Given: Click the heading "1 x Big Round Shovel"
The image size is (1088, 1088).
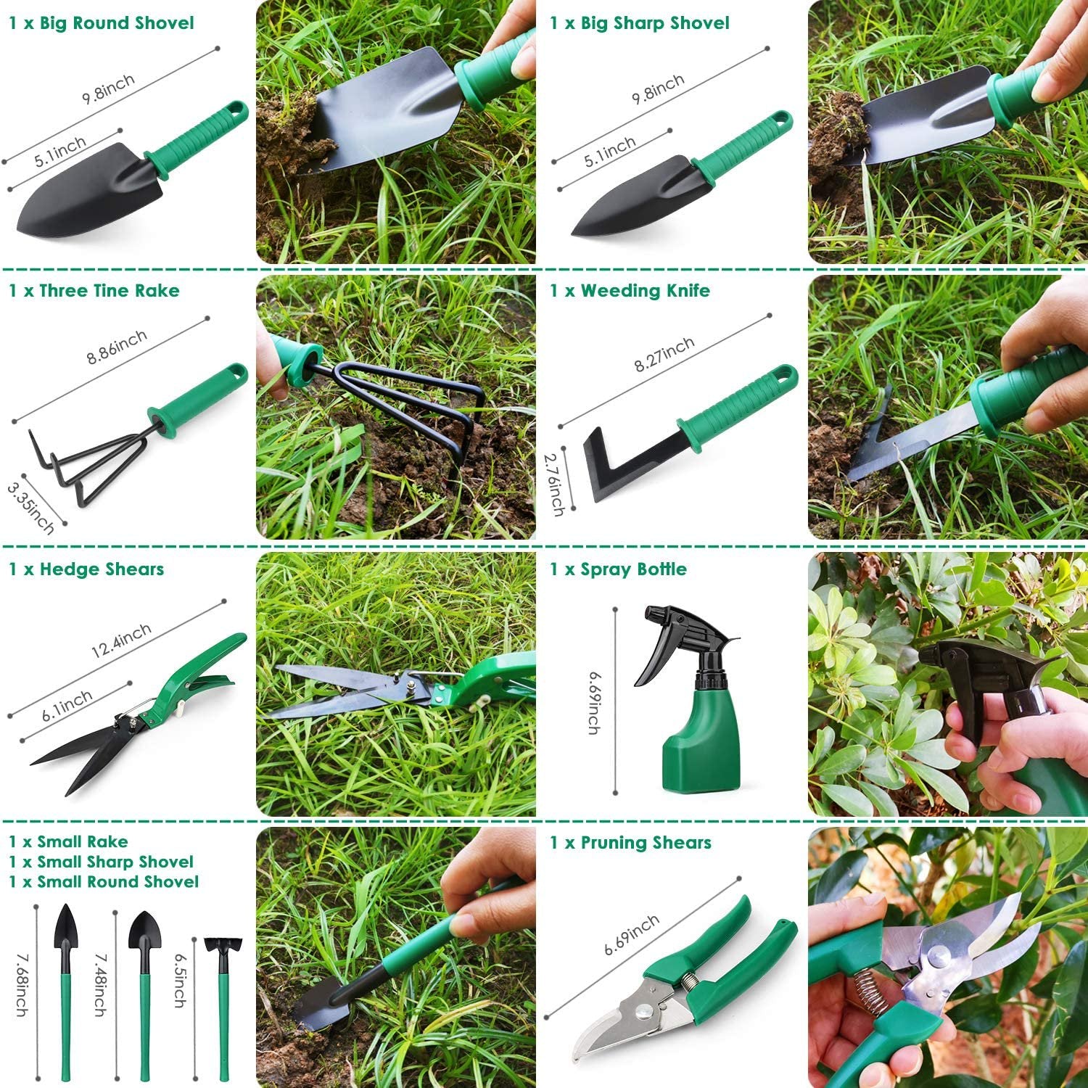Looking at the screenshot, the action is coord(102,23).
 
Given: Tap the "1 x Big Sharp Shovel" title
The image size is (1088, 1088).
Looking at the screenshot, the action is coord(639,23).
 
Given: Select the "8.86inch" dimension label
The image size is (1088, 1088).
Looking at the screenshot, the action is coord(117,347).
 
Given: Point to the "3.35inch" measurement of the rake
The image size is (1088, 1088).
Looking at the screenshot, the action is coord(30,508).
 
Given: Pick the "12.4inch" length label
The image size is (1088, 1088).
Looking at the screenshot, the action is coord(121,641).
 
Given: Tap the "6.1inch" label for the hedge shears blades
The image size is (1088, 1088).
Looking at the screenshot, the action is coord(67,705).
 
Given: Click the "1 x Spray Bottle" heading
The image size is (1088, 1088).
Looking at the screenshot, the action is coord(618,569).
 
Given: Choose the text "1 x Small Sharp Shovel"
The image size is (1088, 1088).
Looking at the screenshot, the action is coord(101,862).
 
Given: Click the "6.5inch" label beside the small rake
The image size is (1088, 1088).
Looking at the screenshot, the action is coord(179,979).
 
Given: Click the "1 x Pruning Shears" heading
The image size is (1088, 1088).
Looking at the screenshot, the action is coord(630,843).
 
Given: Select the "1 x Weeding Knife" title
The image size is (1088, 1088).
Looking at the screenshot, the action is coord(630,291).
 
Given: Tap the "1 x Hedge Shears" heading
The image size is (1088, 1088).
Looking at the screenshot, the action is coord(86,569).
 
